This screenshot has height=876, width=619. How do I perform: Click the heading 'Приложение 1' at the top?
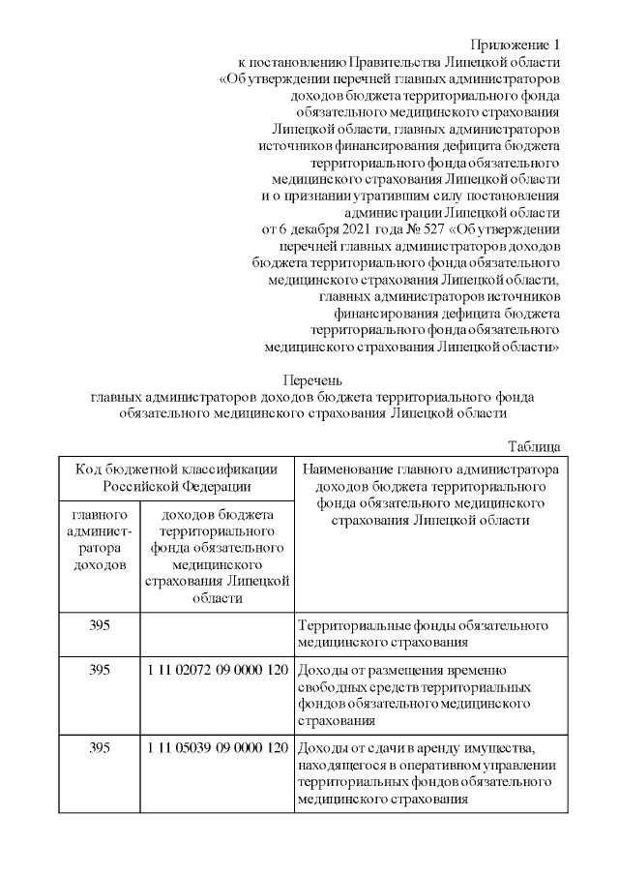[x=516, y=45]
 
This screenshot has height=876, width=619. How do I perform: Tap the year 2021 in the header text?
[x=352, y=229]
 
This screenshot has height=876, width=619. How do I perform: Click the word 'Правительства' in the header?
[x=395, y=62]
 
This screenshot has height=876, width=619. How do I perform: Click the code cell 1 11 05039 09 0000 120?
[x=219, y=748]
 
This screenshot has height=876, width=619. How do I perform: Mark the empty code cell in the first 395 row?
[x=219, y=633]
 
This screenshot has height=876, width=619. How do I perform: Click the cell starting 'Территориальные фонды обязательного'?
[x=426, y=633]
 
